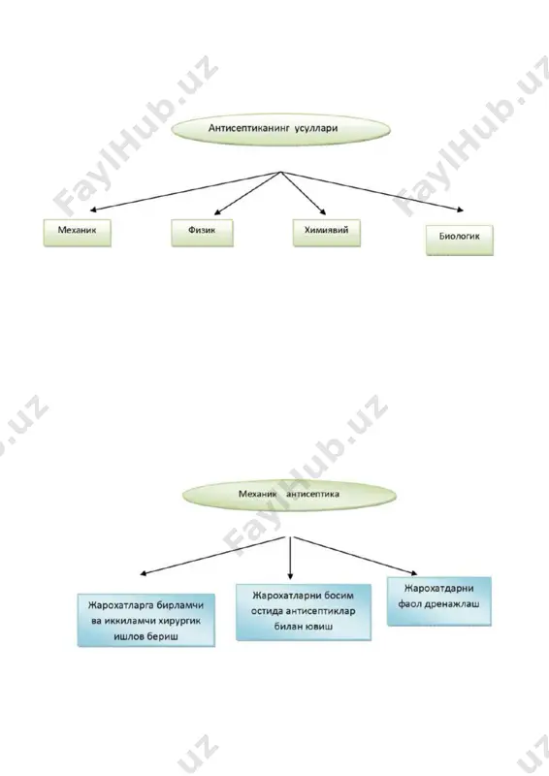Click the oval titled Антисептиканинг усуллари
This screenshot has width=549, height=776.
tap(280, 129)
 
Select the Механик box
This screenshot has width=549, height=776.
tap(78, 232)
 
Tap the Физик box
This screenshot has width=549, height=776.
tap(202, 232)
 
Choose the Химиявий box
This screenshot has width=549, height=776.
tap(326, 232)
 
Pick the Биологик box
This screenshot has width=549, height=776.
tap(460, 240)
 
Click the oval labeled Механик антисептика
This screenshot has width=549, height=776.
tap(289, 495)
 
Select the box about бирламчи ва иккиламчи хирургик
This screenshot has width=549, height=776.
tap(146, 620)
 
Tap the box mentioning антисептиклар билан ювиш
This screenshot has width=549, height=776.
tap(303, 612)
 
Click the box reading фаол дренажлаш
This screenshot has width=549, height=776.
tap(439, 601)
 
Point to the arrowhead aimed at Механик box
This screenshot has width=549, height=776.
tap(93, 210)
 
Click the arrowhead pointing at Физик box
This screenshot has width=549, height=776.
tap(218, 212)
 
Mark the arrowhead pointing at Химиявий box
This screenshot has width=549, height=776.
tap(323, 212)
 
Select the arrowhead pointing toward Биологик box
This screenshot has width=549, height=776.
tap(460, 210)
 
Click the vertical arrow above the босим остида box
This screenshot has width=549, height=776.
tap(290, 558)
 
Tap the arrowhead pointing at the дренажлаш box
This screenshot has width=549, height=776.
tap(413, 572)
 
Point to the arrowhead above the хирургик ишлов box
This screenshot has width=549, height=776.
tap(144, 573)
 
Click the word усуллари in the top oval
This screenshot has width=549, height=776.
tap(316, 128)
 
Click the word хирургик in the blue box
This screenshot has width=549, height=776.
tap(180, 621)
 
